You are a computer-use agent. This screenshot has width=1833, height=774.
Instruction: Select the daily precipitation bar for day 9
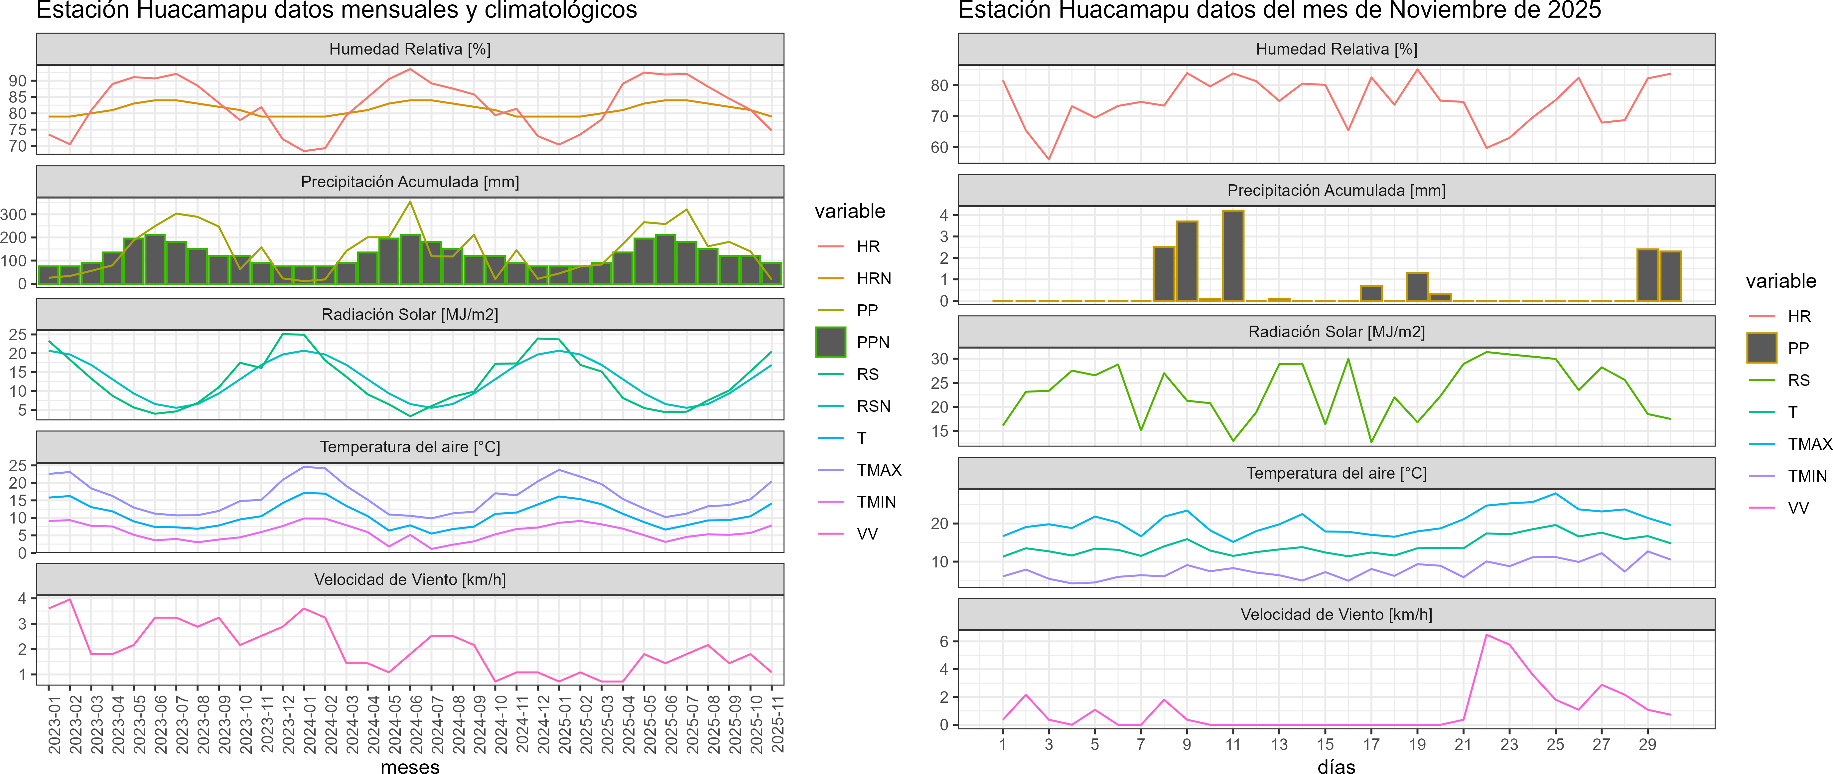click(x=1187, y=261)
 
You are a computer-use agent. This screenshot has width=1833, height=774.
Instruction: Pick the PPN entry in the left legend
click(x=872, y=342)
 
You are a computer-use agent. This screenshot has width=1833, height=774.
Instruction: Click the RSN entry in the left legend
click(x=873, y=406)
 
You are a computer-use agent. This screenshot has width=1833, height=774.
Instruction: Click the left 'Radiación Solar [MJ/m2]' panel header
click(x=410, y=314)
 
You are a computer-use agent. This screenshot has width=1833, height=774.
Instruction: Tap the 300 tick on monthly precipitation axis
click(x=14, y=214)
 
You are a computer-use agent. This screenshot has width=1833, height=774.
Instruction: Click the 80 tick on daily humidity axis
click(x=939, y=85)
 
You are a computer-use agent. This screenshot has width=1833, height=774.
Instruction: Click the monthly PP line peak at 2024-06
click(x=410, y=202)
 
